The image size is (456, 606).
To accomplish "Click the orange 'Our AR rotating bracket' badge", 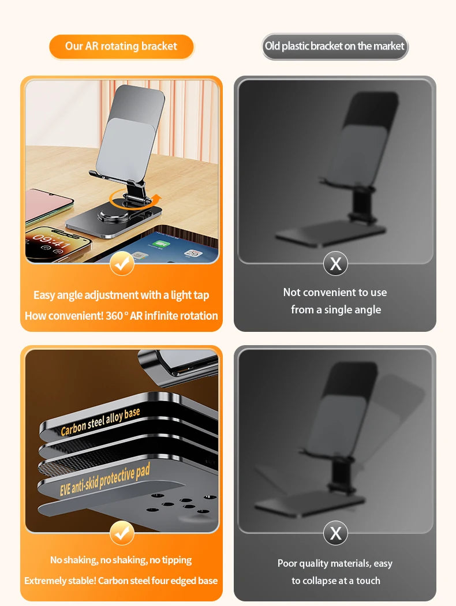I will click(121, 47).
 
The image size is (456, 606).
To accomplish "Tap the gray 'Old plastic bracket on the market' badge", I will click(335, 47).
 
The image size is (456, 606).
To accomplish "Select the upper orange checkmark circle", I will click(122, 263).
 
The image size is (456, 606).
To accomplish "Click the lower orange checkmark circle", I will click(122, 533).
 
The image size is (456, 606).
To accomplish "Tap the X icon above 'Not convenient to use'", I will click(335, 264).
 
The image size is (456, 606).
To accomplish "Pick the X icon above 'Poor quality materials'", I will click(335, 533).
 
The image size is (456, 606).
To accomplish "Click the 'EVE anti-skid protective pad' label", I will click(104, 481).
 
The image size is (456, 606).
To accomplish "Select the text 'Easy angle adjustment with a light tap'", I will click(121, 295).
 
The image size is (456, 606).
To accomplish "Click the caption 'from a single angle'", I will click(335, 310).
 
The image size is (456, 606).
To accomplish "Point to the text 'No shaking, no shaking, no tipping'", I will click(121, 560).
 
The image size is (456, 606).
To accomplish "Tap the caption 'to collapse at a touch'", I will click(335, 581).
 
